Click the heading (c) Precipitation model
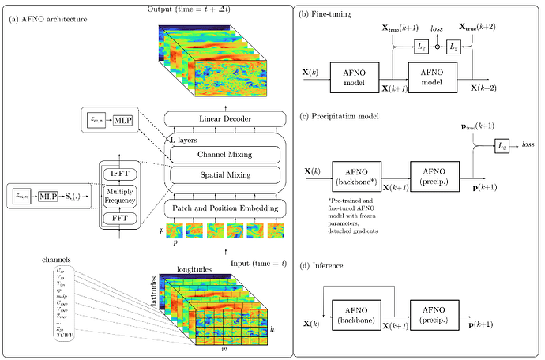(346, 117)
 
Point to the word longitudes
(193, 269)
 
